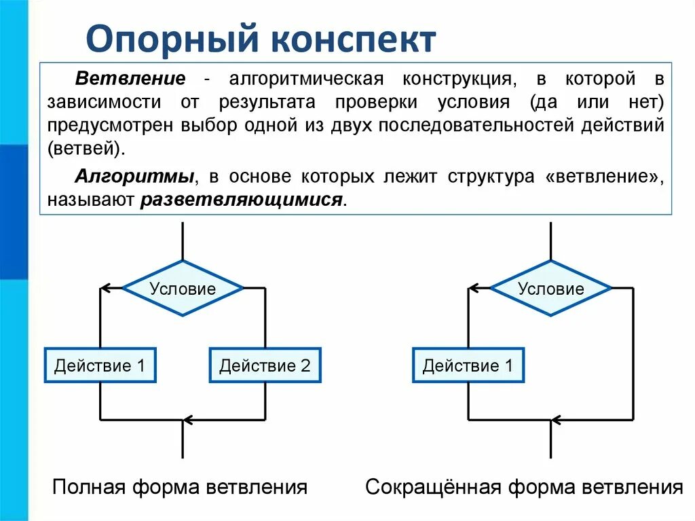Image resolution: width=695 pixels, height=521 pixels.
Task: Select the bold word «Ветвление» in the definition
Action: click(x=130, y=78)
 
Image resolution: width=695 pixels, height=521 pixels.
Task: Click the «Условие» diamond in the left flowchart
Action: click(x=183, y=289)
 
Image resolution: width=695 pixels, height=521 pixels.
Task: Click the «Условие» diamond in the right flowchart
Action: click(x=550, y=289)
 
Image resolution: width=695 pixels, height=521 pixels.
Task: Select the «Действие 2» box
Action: click(x=265, y=366)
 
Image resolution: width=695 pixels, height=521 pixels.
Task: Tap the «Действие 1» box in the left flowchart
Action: click(x=100, y=366)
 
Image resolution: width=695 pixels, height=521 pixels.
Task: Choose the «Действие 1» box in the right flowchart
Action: click(x=468, y=366)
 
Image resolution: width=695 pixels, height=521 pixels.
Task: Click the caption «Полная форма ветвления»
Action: click(x=181, y=487)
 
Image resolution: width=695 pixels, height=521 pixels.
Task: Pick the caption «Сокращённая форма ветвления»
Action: click(x=523, y=487)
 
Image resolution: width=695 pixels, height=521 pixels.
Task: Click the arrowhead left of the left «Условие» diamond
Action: click(x=105, y=289)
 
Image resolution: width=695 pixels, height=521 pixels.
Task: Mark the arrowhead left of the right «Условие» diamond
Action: click(x=474, y=289)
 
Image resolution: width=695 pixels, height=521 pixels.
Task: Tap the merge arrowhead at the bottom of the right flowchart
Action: click(x=557, y=420)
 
